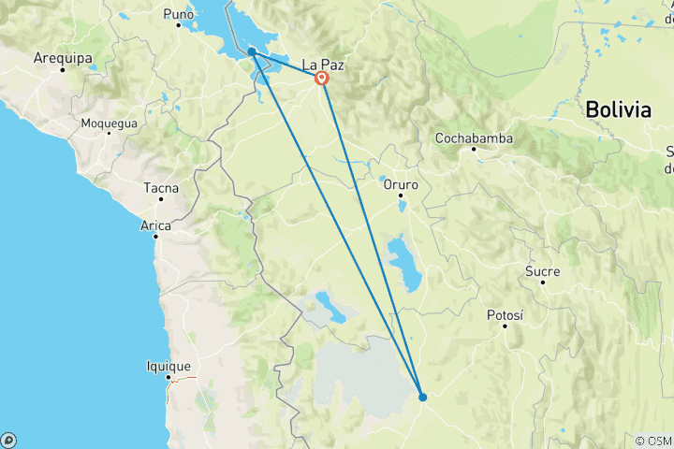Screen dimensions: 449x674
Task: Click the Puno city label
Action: (x=178, y=14)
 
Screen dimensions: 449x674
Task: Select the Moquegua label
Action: (x=110, y=123)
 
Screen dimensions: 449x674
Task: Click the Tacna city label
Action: (x=161, y=188)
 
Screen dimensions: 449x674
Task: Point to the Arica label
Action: (x=156, y=225)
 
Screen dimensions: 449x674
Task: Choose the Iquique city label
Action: (x=169, y=367)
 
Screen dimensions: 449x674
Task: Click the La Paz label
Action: (x=323, y=65)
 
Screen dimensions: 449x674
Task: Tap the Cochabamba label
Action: (x=474, y=138)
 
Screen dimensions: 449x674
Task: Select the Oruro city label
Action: (x=401, y=184)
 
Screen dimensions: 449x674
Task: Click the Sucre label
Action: (x=543, y=271)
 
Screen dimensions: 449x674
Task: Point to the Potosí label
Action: (x=505, y=315)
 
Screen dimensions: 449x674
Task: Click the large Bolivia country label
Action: (x=618, y=109)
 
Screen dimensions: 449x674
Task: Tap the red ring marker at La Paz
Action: (x=322, y=79)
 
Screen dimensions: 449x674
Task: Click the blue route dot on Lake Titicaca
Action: (x=252, y=52)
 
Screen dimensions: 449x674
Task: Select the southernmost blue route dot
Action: (x=423, y=397)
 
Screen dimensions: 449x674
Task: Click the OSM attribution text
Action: (x=652, y=440)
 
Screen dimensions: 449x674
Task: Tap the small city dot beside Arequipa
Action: (x=62, y=69)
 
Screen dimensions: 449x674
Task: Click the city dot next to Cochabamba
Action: (x=474, y=150)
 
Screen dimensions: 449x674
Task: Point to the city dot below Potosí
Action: (x=505, y=326)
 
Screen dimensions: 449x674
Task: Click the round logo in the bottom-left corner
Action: (x=8, y=439)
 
